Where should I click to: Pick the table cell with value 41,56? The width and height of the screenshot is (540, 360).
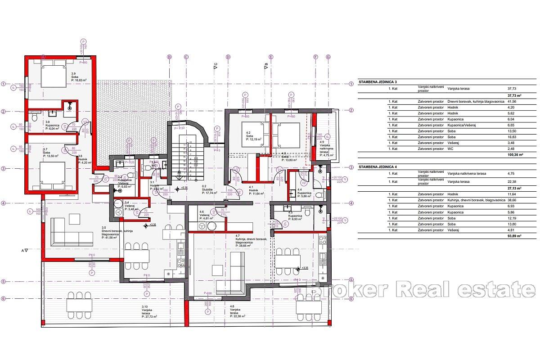(509, 102)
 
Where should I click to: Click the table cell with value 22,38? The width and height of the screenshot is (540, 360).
(509, 182)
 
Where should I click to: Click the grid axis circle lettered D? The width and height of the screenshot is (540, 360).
(228, 57)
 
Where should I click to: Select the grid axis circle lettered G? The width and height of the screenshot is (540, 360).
(328, 57)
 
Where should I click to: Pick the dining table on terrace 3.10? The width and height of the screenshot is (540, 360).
(80, 306)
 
